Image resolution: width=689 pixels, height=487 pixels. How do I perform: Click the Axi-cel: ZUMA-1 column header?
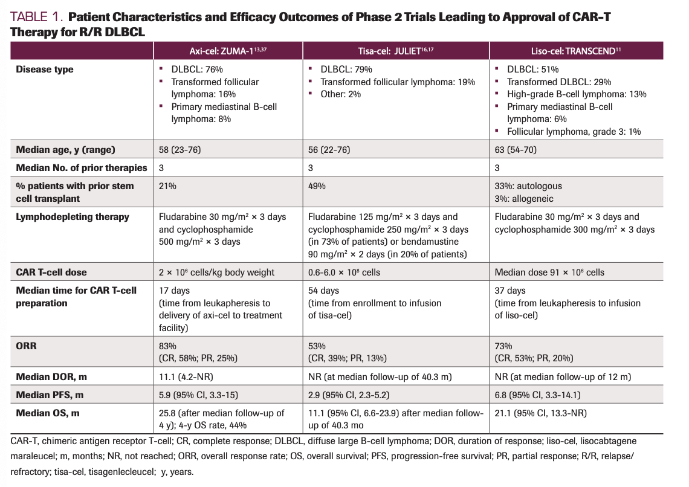pos(228,51)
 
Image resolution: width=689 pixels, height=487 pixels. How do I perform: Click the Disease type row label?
pos(45,69)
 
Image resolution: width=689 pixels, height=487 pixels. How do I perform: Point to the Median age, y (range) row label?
pos(65,150)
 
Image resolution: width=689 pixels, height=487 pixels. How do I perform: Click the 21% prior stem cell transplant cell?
pos(167,186)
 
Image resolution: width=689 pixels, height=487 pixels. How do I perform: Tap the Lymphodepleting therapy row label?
pos(73,217)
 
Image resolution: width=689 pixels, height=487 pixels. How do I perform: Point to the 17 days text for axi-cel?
pos(173,291)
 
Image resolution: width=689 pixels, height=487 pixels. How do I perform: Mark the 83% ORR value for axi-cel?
pos(167,346)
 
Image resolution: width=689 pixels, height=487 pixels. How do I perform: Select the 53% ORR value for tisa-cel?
pos(317,346)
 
